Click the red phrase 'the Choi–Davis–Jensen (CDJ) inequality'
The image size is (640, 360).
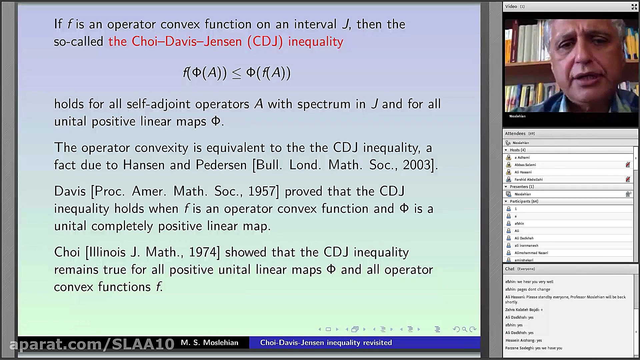coord(226,42)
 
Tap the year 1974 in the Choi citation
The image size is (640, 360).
coord(203,252)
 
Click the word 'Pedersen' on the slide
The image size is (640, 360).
coord(221,165)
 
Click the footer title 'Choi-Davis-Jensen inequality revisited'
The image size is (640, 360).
coord(326,343)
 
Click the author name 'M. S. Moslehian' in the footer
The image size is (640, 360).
coord(209,343)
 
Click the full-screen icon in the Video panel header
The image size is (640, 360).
coord(634,7)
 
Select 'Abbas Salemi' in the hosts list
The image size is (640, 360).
coord(525,165)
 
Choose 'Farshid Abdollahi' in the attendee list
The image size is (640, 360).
coord(528,179)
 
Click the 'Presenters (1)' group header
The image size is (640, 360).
coord(522,187)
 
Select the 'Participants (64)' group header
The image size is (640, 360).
coord(524,201)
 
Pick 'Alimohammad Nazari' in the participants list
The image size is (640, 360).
coord(531,253)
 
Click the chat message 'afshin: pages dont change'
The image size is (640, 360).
coord(528,289)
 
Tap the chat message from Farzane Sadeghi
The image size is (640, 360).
coord(534,348)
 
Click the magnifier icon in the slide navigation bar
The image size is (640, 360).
coord(464,329)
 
